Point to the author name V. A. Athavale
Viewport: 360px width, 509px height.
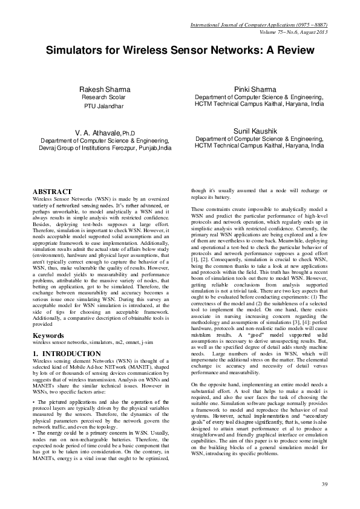coord(97,132)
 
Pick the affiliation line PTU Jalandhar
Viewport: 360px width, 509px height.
coord(103,106)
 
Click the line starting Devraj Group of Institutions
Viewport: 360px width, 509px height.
coord(101,147)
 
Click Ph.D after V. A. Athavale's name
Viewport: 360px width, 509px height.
coord(128,132)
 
